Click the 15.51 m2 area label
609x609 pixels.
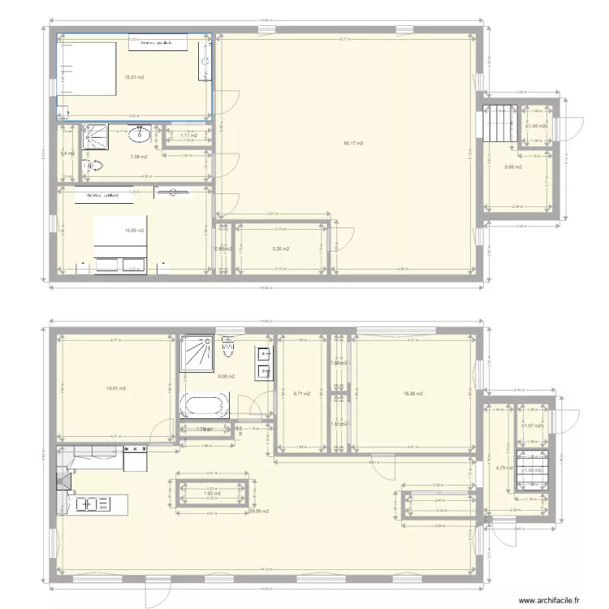click(134, 78)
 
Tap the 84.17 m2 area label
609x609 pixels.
click(353, 143)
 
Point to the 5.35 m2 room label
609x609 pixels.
click(281, 249)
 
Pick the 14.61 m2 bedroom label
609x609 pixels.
click(115, 388)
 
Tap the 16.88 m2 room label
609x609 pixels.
click(412, 394)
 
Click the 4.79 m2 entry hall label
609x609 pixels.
click(500, 467)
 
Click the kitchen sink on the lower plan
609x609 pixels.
click(94, 503)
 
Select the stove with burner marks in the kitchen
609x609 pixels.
click(136, 460)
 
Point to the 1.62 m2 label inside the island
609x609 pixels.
click(214, 494)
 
